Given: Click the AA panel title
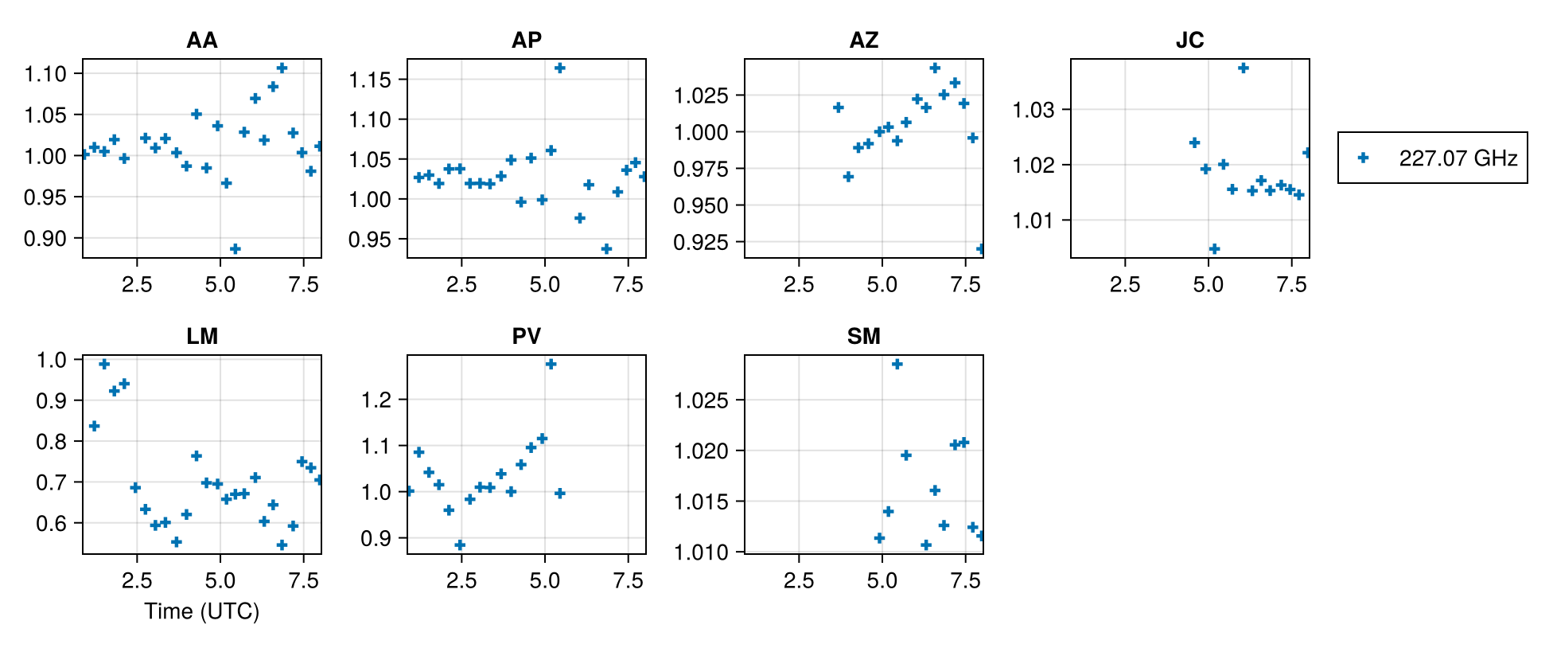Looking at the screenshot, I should [x=201, y=41].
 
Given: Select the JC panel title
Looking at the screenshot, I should [x=1189, y=41].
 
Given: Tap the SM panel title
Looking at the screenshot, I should [x=863, y=337].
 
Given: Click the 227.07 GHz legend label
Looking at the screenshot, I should [x=1458, y=158].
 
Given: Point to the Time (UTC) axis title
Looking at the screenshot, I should [x=201, y=611].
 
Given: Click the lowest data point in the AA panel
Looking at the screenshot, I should [x=235, y=249].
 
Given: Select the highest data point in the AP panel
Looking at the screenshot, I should [x=560, y=68].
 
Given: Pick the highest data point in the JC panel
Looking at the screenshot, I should [x=1244, y=68].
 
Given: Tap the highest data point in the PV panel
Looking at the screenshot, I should [x=551, y=365].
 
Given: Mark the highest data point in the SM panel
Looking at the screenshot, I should [x=897, y=365].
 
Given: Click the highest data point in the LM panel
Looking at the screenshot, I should [x=104, y=365].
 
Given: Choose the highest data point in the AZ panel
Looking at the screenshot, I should [x=935, y=68].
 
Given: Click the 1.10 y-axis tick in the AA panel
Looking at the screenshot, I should [x=45, y=74].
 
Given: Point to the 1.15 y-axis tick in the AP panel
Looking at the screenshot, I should [x=370, y=80].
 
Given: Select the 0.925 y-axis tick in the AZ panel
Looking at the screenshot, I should [x=701, y=242].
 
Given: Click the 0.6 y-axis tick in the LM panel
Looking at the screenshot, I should [x=52, y=524].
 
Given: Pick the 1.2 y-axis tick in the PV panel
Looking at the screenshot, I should [x=376, y=400].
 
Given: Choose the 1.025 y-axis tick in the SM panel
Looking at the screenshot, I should [x=701, y=400].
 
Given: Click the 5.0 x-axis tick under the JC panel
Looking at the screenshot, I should [x=1208, y=285].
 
